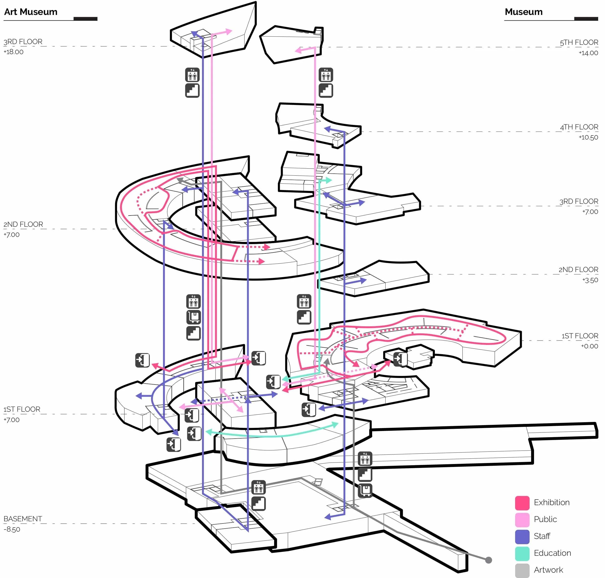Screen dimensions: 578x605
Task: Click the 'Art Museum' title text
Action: tap(31, 12)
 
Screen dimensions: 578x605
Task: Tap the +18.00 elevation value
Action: tap(13, 52)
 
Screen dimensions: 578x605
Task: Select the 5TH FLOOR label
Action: tap(579, 42)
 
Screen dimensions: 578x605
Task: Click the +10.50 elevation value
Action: tap(588, 137)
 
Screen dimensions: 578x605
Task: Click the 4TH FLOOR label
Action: tap(579, 127)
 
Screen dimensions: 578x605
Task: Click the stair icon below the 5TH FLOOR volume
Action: tap(326, 91)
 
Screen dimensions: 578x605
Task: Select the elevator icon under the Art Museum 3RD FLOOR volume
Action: tap(192, 75)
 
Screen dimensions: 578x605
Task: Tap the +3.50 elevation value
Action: tap(590, 280)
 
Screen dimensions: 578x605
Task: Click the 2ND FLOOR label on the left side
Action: tap(23, 224)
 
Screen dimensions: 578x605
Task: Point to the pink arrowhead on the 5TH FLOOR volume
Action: tap(298, 50)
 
